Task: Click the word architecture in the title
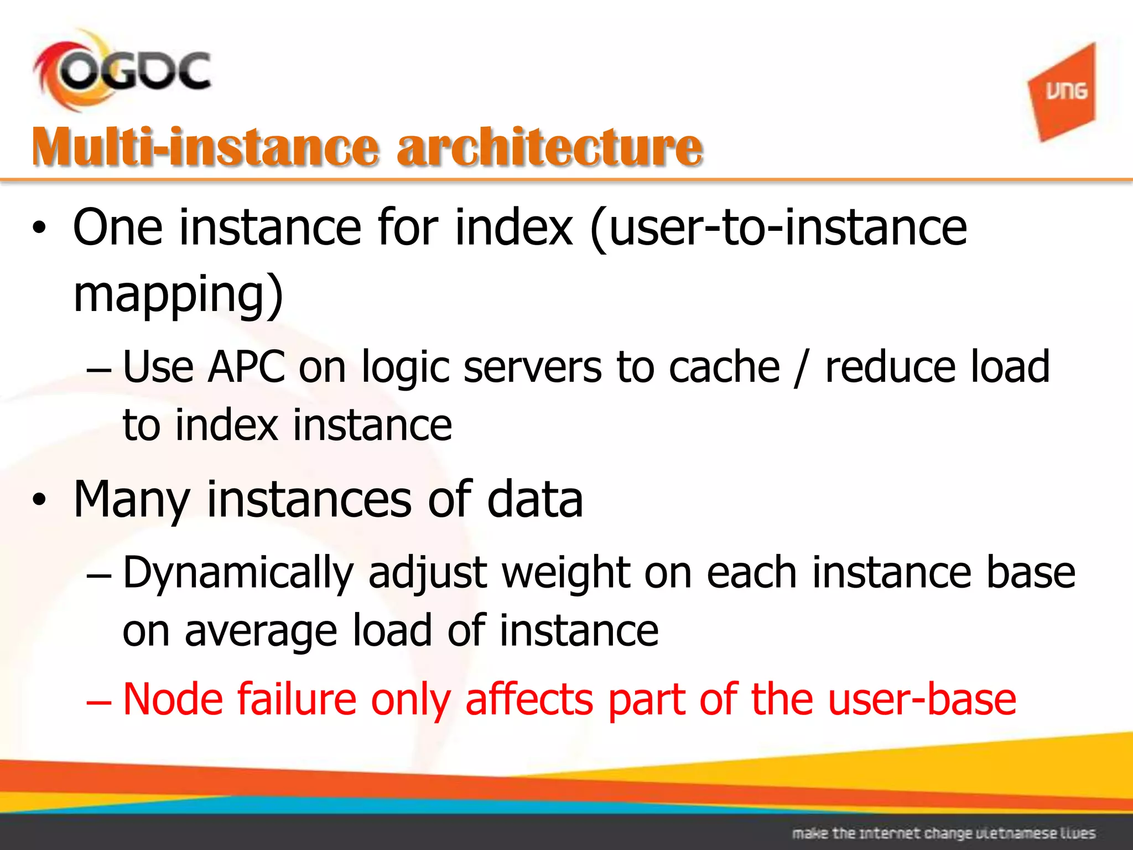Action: (x=550, y=147)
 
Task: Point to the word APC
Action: (x=247, y=367)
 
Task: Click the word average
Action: (x=261, y=631)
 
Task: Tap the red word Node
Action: (x=173, y=699)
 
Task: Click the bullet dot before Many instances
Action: (x=39, y=500)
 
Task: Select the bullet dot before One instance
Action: (x=39, y=228)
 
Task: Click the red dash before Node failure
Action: (x=99, y=701)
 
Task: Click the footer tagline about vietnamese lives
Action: (x=943, y=833)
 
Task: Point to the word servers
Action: (x=532, y=367)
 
